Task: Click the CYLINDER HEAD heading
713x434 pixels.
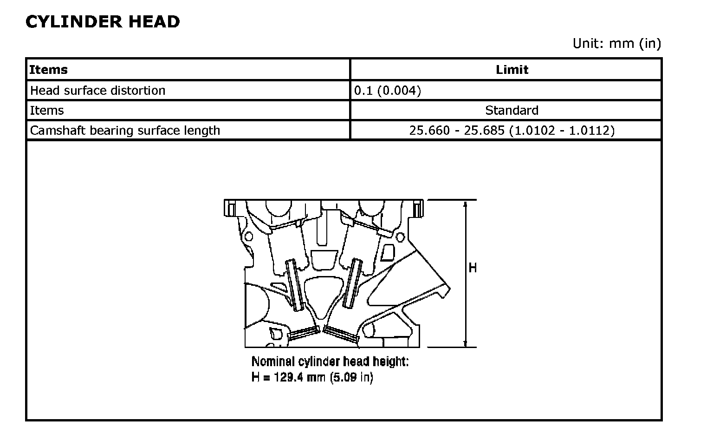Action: [103, 22]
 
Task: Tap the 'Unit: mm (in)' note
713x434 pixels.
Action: [617, 43]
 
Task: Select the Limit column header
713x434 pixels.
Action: [512, 69]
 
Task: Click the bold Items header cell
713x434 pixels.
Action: [48, 69]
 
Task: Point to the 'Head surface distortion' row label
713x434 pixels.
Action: [98, 91]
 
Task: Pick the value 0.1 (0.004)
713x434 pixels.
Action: [388, 91]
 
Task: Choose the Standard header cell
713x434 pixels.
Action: [512, 110]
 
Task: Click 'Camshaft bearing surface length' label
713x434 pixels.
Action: [125, 130]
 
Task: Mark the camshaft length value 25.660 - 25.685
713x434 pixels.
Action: [457, 130]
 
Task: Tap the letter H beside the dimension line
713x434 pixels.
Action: [473, 268]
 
